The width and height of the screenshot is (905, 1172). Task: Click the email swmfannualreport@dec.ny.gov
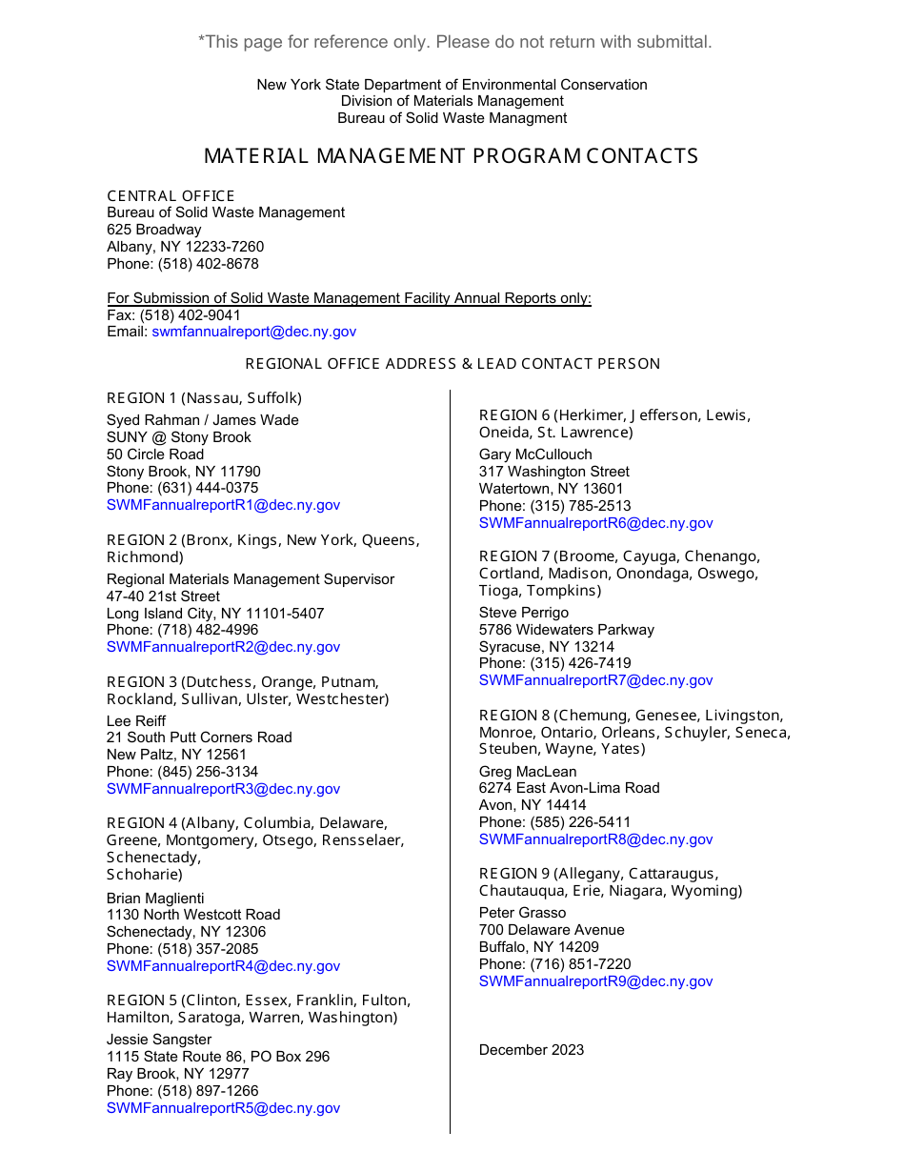pos(253,332)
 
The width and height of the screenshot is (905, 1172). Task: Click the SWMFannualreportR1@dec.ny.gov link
pos(223,505)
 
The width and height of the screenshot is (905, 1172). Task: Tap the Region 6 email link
pos(595,523)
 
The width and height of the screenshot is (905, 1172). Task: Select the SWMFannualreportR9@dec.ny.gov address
pos(595,981)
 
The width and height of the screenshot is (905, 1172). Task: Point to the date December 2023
pos(532,1050)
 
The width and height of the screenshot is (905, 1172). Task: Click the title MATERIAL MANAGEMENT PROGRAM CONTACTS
pos(451,156)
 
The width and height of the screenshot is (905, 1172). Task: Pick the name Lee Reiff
pos(136,721)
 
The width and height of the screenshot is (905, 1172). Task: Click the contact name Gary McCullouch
pos(535,455)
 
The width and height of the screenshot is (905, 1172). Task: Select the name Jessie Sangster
pos(159,1040)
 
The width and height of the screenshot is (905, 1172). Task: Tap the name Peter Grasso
pos(522,913)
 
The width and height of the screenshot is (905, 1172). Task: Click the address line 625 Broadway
pos(154,230)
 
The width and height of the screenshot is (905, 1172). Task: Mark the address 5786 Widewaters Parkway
pos(567,630)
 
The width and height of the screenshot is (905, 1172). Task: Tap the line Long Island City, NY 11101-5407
pos(215,614)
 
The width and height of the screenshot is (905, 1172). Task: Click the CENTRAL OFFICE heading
pos(171,196)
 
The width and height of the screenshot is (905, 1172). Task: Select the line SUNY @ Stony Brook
pos(179,437)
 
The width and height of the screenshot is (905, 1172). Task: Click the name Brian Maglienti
pos(155,899)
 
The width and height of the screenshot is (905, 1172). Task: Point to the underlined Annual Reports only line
pos(349,298)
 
